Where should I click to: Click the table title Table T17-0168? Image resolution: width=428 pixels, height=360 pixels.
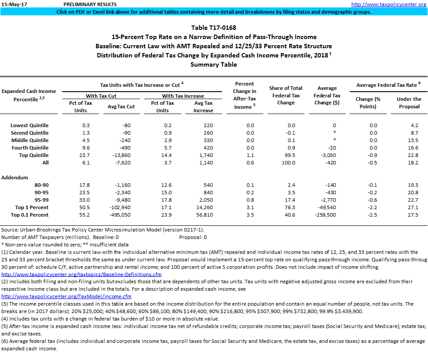click(214, 28)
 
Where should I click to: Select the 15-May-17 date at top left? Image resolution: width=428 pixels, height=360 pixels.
click(13, 4)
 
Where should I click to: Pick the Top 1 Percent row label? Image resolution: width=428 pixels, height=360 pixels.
click(32, 207)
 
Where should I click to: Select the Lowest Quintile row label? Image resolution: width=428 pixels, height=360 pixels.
click(30, 125)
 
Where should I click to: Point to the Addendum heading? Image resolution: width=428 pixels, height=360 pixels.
click(15, 178)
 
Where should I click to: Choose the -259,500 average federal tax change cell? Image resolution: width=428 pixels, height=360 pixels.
click(330, 215)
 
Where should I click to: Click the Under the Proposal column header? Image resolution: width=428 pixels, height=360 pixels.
click(409, 103)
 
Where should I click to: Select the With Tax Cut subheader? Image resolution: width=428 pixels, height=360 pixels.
click(101, 96)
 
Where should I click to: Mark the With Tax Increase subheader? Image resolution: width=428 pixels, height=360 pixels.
click(183, 96)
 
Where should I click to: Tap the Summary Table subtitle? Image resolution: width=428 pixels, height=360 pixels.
click(214, 64)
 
